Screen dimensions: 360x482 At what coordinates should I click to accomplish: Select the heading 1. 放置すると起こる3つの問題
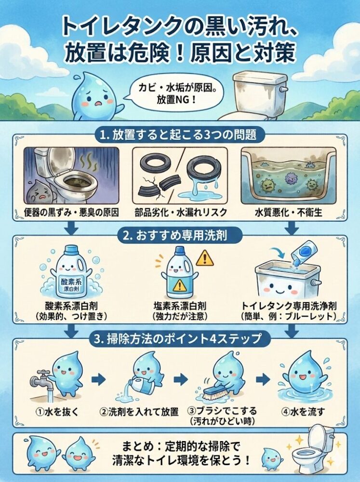[x=178, y=135]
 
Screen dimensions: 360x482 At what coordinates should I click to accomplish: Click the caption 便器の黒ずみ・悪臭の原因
[x=71, y=213]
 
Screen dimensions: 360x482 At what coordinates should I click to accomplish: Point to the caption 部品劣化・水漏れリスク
[x=181, y=213]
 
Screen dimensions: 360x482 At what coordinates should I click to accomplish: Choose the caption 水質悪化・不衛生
[x=288, y=213]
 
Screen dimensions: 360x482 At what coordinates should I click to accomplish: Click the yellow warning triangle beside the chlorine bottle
[x=204, y=258]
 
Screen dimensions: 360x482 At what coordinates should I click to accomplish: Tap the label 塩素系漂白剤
[x=180, y=306]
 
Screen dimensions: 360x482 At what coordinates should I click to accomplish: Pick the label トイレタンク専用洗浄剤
[x=288, y=306]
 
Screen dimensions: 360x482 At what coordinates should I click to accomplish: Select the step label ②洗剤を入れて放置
[x=139, y=411]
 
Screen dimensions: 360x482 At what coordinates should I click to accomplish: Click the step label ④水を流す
[x=303, y=411]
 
